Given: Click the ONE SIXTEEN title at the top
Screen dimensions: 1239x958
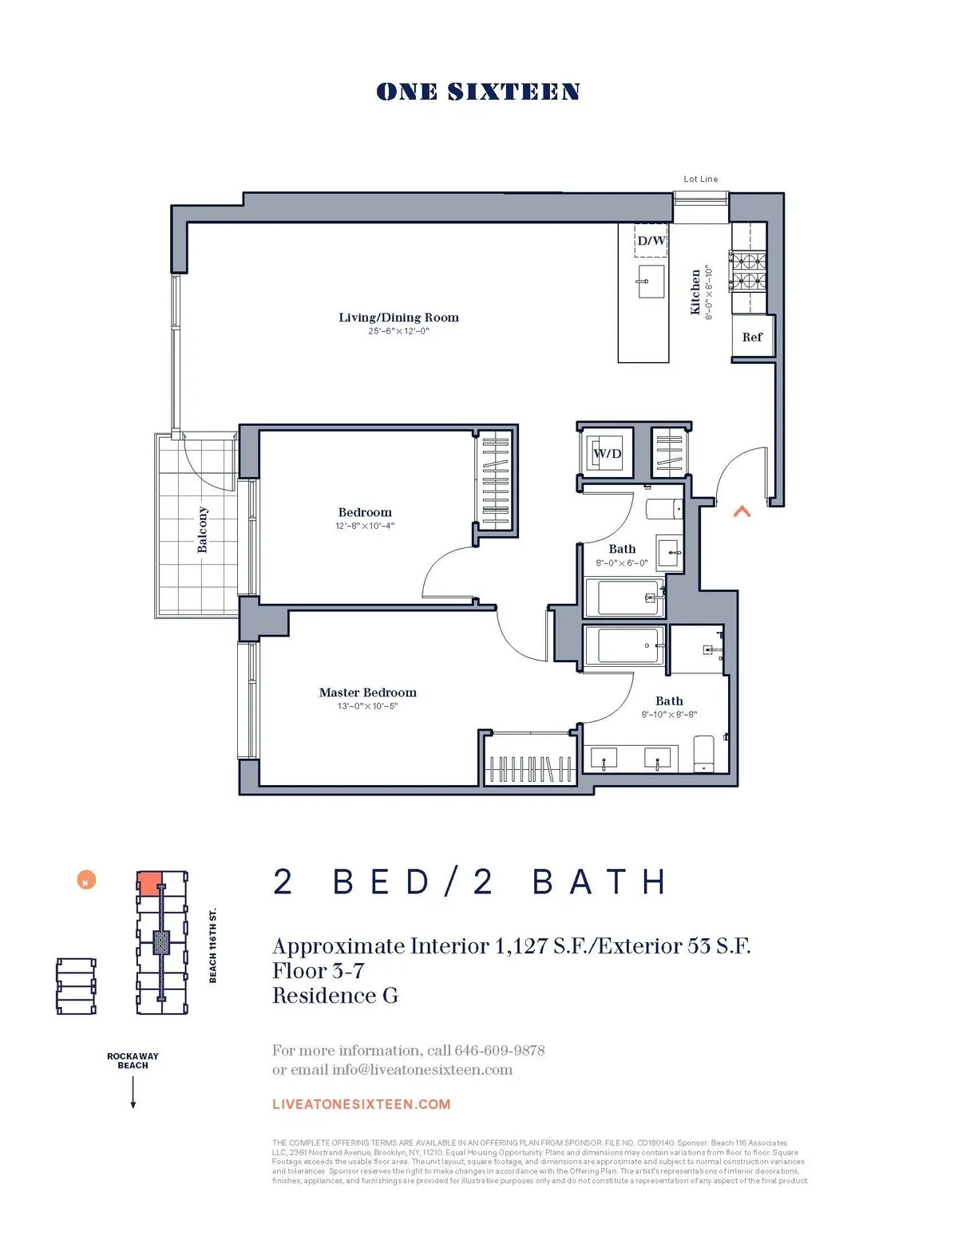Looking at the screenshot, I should (477, 92).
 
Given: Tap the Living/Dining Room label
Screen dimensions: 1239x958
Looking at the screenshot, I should (398, 318).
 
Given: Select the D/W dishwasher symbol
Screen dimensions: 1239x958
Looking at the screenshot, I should (651, 240).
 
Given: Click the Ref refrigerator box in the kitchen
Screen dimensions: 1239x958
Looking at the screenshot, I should (752, 337).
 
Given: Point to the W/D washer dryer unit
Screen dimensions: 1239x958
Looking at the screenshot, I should (607, 453).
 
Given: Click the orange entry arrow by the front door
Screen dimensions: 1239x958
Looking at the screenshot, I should (742, 511).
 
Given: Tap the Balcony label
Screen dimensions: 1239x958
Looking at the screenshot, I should (203, 530).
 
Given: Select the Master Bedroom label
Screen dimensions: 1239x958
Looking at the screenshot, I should (367, 692).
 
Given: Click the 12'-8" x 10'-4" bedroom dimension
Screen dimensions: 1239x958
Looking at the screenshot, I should (365, 526).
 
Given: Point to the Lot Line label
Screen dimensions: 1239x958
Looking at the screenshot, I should (700, 179).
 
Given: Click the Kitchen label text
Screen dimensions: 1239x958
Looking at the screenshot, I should (695, 292).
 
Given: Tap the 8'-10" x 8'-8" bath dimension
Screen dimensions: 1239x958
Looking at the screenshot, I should (669, 715).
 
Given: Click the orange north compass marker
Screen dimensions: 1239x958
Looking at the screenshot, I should (86, 880).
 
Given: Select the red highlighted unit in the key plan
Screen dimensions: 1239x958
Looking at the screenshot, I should (149, 882).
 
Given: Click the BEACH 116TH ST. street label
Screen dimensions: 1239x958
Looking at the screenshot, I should (213, 945).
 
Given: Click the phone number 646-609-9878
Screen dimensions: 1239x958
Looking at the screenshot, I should (499, 1050).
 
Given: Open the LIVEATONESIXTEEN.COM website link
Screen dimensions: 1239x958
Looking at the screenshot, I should (361, 1104).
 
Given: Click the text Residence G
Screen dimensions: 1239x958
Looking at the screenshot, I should (335, 996).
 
